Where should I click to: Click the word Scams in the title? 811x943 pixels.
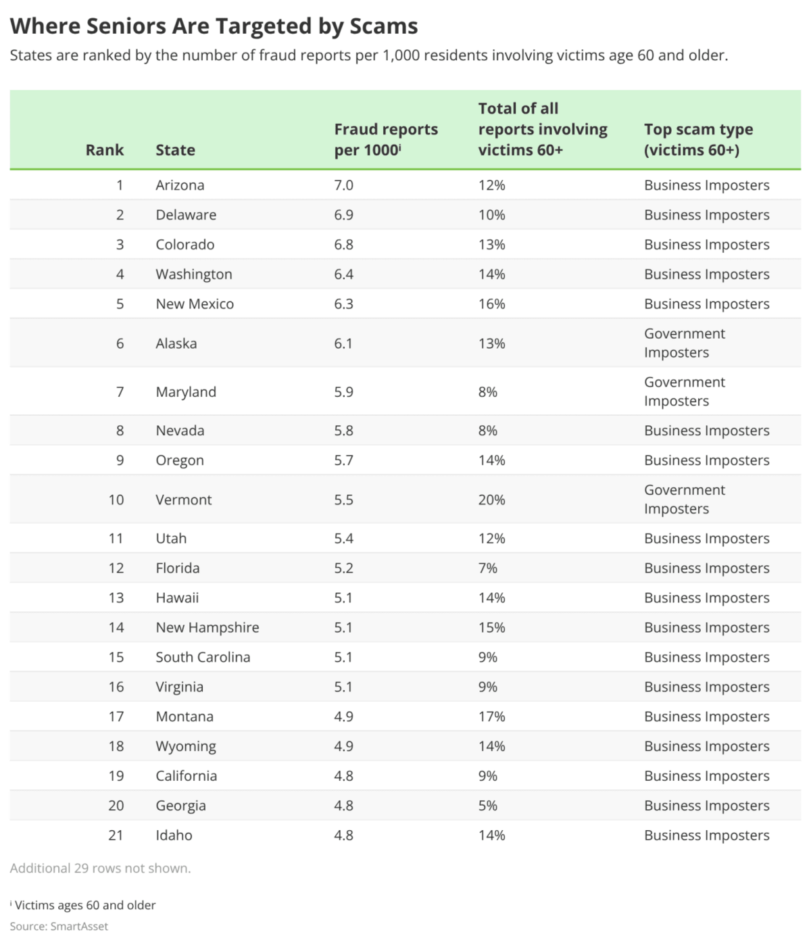coord(384,26)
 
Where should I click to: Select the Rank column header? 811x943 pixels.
coord(105,150)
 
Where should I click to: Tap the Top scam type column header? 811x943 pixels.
coord(698,140)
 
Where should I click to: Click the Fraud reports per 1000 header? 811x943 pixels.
coord(386,140)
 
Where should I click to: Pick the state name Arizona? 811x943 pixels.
coord(180,185)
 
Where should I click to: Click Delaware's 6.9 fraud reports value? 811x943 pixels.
coord(343,215)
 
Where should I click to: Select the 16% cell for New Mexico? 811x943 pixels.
coord(491,304)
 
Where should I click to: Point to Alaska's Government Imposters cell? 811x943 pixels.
coord(684,343)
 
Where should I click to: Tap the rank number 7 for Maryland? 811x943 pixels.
coord(120,392)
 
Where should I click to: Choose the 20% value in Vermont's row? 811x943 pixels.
coord(491,500)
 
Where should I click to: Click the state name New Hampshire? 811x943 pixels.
coord(207,627)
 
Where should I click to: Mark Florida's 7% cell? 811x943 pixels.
coord(487,568)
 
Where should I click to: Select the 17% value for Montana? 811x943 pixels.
coord(491,717)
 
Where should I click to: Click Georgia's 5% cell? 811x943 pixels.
coord(487,805)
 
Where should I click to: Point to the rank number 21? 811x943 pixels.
coord(116,835)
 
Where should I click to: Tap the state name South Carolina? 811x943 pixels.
coord(203,657)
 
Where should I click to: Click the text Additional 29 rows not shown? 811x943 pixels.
coord(100,868)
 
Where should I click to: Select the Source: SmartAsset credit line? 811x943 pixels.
coord(59,926)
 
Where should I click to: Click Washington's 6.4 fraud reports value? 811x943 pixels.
coord(343,274)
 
